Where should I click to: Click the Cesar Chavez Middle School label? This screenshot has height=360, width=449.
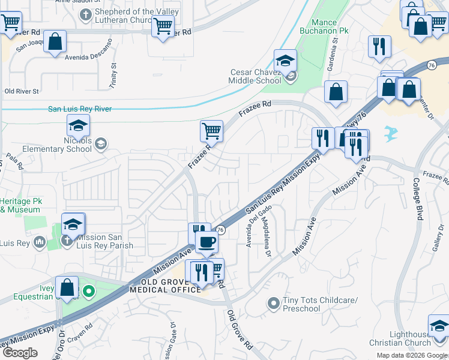tap(256, 76)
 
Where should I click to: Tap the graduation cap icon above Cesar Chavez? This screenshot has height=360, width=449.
tap(285, 61)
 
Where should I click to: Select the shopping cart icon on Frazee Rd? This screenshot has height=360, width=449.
tap(211, 130)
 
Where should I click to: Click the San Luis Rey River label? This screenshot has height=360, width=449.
tap(80, 109)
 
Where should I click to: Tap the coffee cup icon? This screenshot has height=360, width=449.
tap(206, 242)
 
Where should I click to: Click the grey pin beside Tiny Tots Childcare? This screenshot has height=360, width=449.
tap(274, 304)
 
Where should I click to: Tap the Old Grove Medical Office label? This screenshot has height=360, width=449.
tap(170, 286)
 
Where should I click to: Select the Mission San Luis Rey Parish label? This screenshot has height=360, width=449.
tap(100, 241)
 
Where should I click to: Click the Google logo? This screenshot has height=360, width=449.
tap(19, 353)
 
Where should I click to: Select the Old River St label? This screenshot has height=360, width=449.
tap(22, 91)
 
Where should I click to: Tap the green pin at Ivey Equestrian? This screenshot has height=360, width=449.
tap(89, 292)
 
